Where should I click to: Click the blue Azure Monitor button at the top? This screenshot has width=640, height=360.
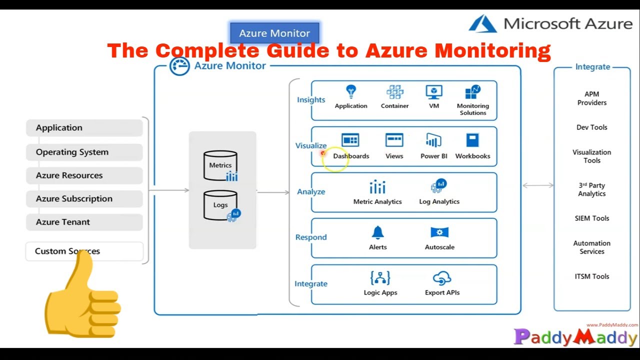[274, 33]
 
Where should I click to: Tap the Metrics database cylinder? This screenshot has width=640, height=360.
[220, 165]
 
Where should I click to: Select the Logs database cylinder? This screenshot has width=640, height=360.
[220, 205]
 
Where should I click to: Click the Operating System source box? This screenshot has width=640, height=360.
[84, 152]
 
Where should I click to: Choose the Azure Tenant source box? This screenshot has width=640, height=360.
[84, 222]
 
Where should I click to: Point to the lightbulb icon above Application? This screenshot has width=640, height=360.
[351, 92]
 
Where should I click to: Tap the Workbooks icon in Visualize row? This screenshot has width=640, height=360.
[472, 140]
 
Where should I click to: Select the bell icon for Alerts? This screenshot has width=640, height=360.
[377, 232]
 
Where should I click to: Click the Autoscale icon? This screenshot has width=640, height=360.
[439, 232]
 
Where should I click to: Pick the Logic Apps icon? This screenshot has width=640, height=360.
[380, 278]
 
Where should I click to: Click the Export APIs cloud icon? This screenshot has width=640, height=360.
[442, 278]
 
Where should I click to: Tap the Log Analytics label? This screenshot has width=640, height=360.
[439, 201]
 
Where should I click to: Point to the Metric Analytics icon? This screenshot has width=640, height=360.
[377, 187]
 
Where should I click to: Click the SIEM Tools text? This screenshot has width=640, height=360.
[592, 218]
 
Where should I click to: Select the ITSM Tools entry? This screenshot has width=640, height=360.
[592, 276]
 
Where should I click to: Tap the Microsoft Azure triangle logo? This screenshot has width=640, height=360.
[482, 24]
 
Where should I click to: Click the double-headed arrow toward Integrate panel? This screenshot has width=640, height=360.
[538, 185]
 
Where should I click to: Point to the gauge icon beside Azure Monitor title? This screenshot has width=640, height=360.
[179, 66]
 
